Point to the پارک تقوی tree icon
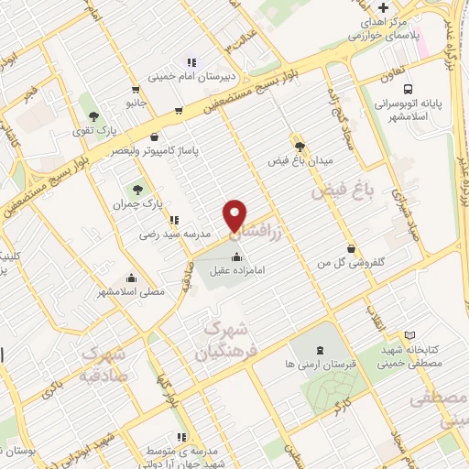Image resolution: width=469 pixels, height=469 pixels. click(93, 115)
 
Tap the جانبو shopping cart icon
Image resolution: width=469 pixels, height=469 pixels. click(136, 91)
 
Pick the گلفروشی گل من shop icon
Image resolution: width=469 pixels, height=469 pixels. click(351, 249)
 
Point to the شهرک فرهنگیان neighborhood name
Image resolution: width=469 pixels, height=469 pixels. click(220, 339)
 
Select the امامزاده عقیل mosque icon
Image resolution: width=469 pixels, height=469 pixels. click(238, 254)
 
